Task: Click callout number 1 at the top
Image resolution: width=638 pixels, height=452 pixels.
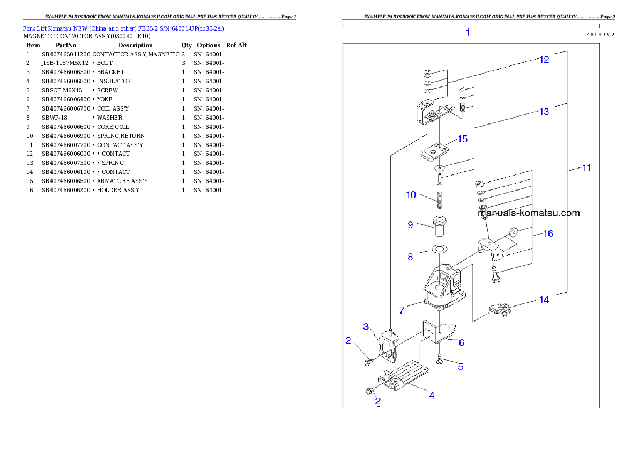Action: click(x=468, y=33)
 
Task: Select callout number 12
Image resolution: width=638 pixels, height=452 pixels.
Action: click(x=544, y=60)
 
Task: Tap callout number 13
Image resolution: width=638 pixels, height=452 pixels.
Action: click(x=544, y=112)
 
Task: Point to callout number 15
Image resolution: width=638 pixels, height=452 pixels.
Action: click(x=462, y=139)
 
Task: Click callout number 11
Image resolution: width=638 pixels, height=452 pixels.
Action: click(x=587, y=168)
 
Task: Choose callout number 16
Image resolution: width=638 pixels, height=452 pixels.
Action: click(x=548, y=234)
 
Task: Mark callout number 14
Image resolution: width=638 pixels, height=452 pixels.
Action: click(x=544, y=300)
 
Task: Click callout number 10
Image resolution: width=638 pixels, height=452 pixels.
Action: click(x=411, y=195)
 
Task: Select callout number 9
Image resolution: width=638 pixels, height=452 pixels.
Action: click(x=410, y=225)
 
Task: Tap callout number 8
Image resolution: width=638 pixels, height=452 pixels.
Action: click(x=410, y=257)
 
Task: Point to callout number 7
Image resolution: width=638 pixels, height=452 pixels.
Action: click(x=402, y=310)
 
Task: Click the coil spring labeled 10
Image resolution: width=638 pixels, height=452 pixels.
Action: click(x=439, y=201)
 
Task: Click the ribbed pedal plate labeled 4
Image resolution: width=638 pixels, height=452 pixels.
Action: click(x=412, y=376)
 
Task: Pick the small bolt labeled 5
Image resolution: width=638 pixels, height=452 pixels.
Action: click(x=440, y=359)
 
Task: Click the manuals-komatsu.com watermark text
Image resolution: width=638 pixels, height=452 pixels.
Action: click(x=528, y=213)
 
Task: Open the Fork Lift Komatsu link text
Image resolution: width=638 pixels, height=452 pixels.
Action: click(x=123, y=28)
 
